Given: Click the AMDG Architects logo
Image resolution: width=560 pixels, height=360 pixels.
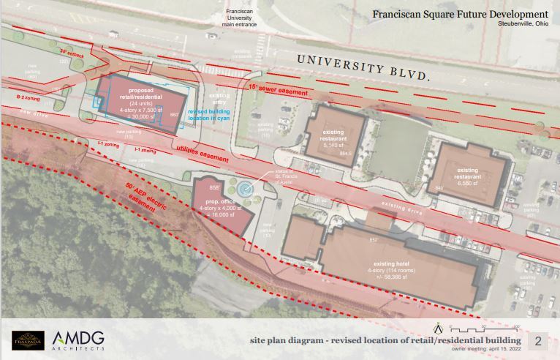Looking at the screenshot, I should coord(77,340).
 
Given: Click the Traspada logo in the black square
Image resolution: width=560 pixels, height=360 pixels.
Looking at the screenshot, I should coord(28,340).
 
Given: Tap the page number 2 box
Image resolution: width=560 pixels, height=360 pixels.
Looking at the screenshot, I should coord(538,340).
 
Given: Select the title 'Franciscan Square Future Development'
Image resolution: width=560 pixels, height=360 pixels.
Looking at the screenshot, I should coord(460,14).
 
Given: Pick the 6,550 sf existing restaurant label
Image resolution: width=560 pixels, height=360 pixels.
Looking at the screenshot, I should coord(466,176).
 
